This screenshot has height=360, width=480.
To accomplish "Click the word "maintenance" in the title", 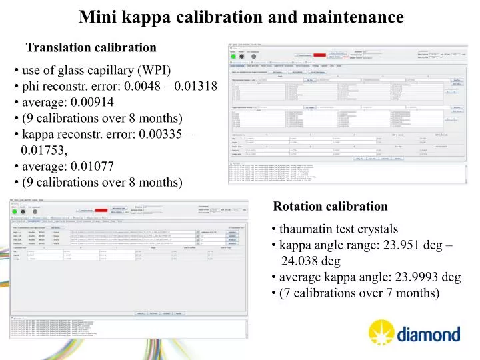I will click(x=359, y=17).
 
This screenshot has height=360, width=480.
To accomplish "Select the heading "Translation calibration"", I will click(x=91, y=47).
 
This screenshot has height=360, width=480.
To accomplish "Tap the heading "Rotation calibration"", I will click(x=331, y=207).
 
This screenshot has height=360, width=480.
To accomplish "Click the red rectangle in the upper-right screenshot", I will click(x=321, y=55).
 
